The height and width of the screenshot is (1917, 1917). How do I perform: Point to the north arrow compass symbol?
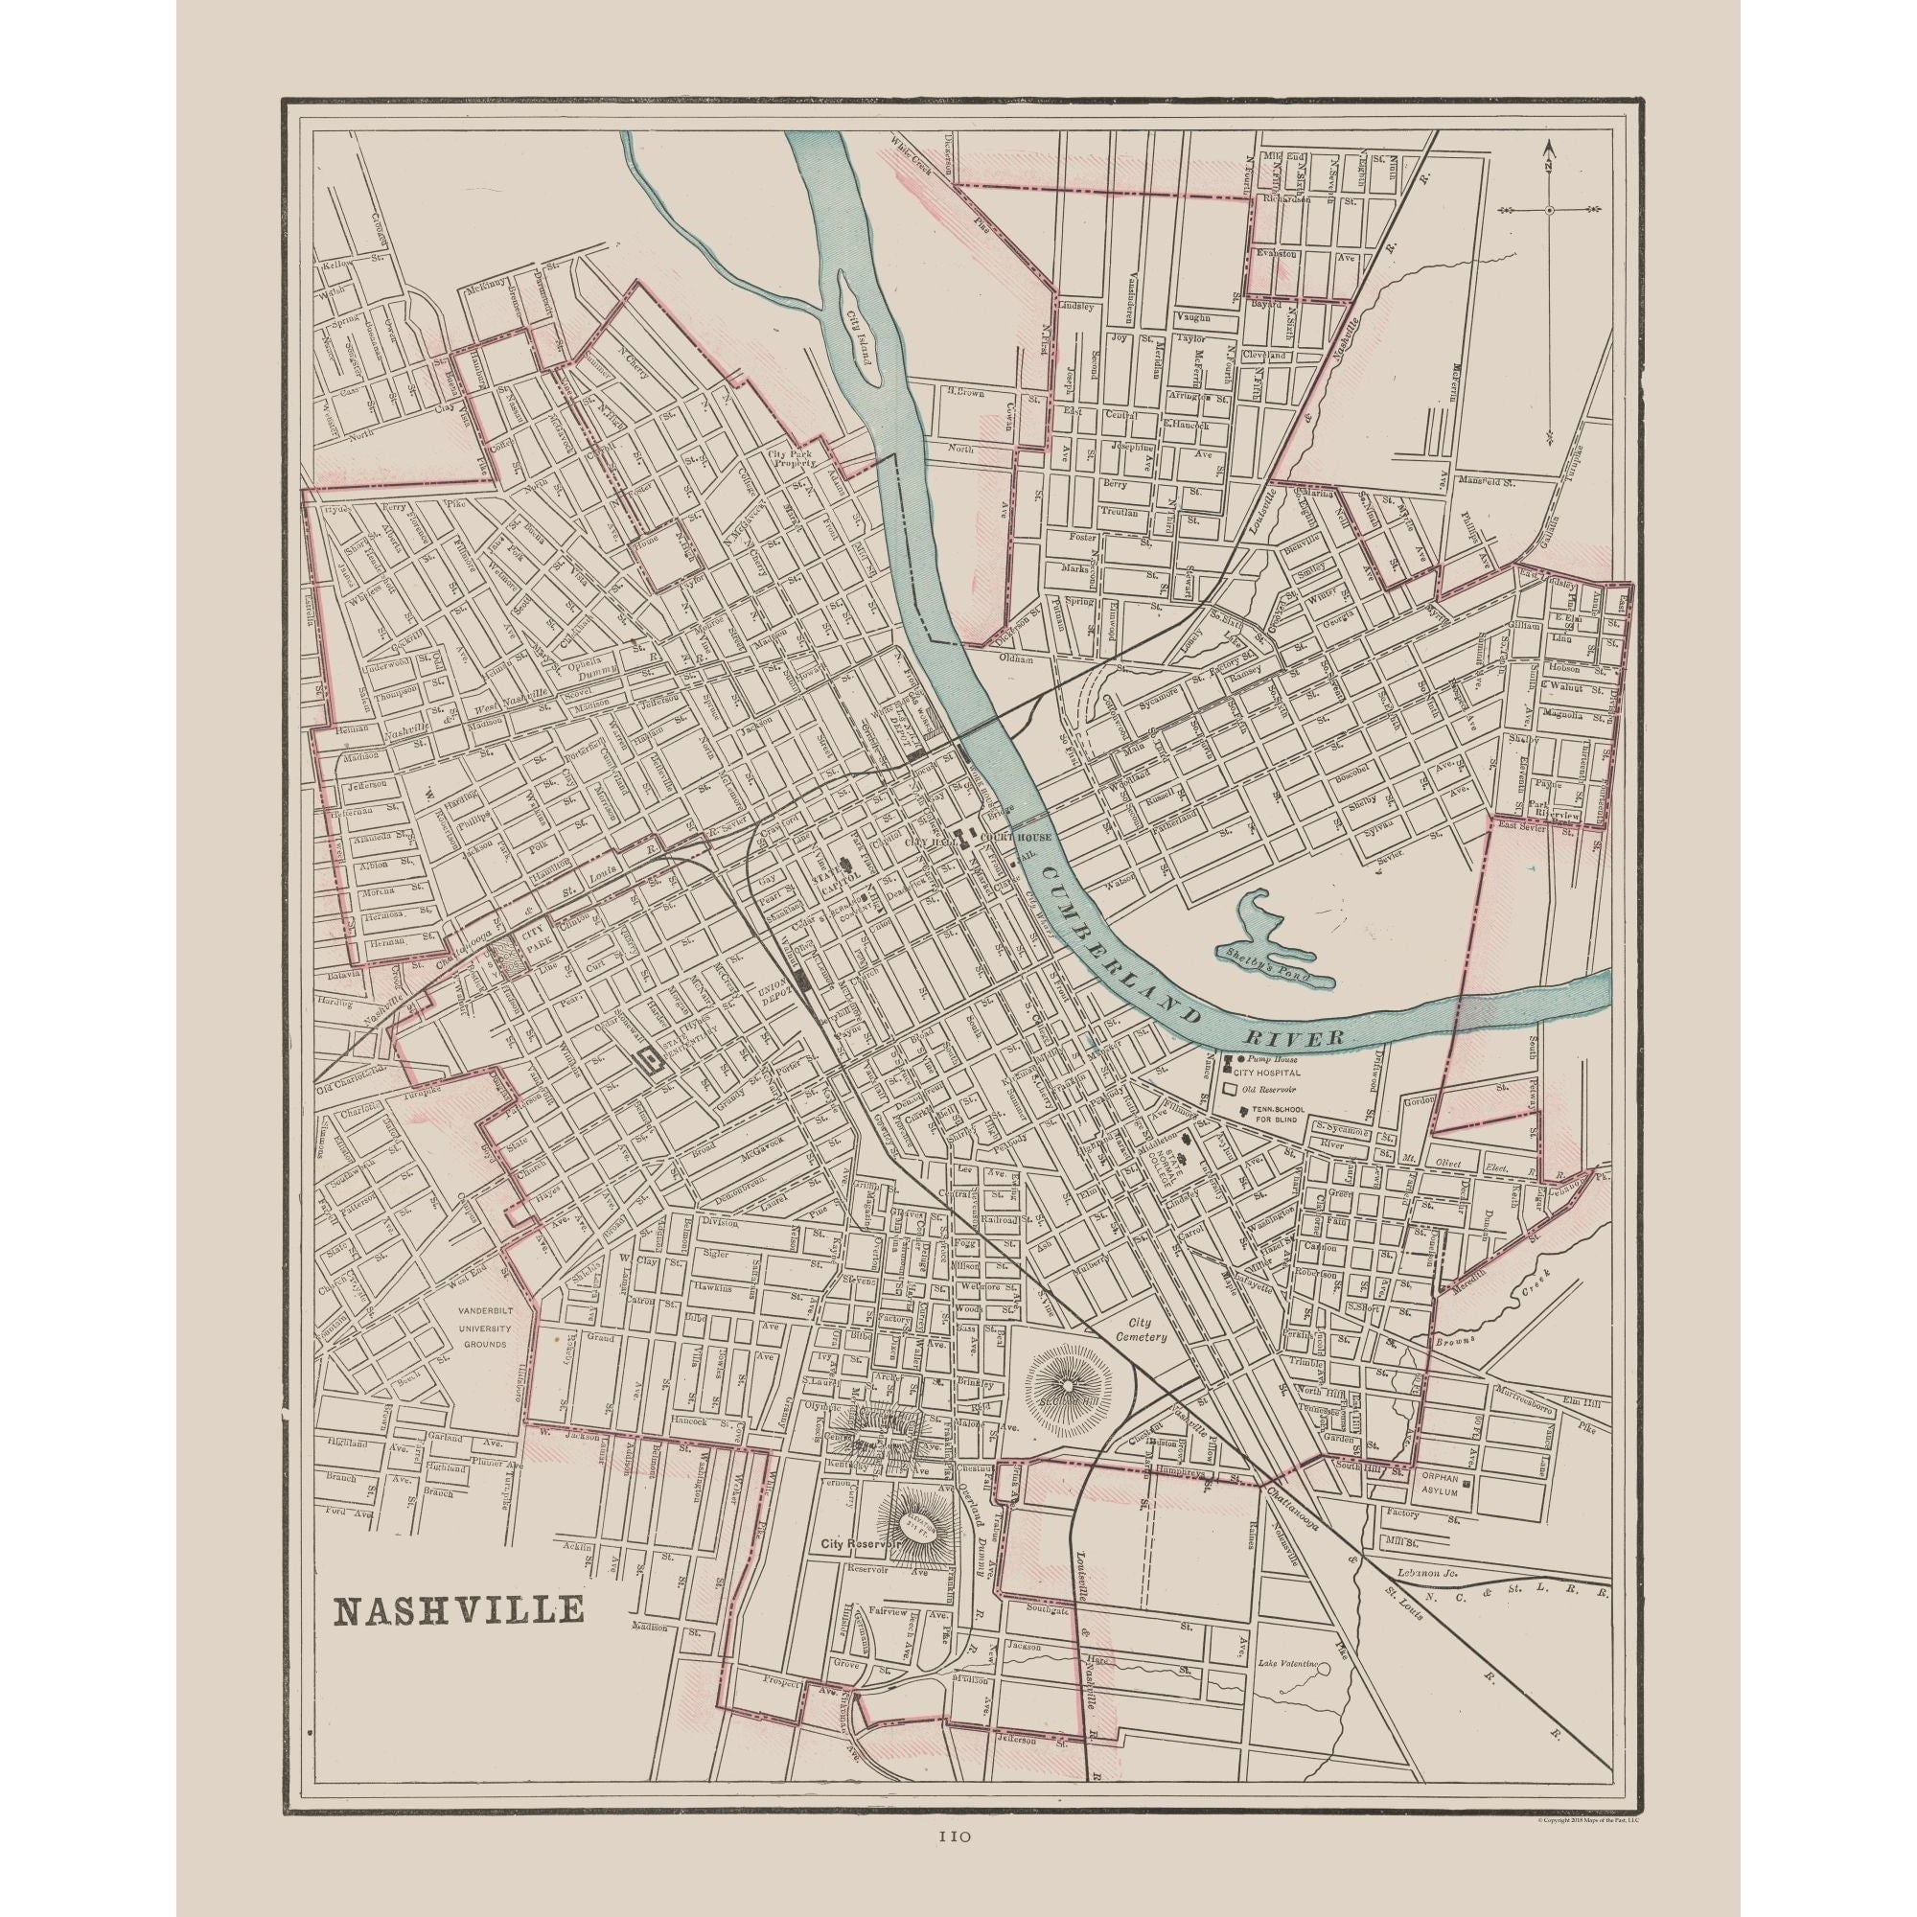coord(1549,210)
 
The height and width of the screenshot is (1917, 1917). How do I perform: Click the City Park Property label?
coord(791,458)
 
